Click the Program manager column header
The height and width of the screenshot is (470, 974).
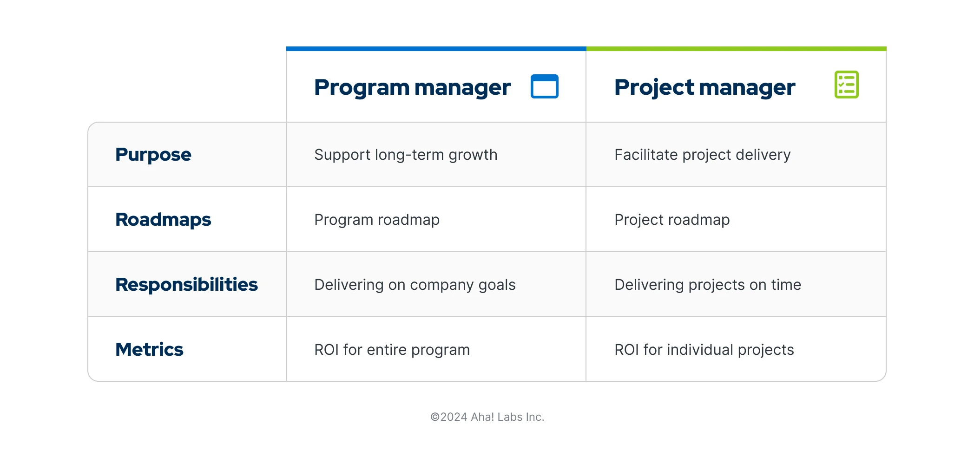412,87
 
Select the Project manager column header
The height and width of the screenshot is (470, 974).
704,87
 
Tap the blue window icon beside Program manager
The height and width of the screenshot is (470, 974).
544,86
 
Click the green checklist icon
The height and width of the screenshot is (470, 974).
846,85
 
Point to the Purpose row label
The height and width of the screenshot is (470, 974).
153,155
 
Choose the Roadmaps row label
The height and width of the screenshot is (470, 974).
163,220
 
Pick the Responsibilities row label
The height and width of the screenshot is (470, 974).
186,285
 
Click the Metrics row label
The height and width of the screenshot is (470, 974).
149,350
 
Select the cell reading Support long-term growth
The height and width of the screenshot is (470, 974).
405,155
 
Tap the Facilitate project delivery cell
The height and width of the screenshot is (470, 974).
702,155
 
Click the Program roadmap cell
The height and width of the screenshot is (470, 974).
376,220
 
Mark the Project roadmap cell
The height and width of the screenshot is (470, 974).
671,220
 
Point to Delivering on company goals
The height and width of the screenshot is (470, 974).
415,285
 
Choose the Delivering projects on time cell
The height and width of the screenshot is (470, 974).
707,285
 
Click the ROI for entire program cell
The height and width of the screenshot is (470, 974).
392,350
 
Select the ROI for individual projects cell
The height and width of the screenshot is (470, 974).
704,350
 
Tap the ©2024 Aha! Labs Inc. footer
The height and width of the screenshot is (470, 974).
487,417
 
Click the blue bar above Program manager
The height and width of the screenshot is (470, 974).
436,49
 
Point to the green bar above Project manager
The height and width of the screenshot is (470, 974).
736,49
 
